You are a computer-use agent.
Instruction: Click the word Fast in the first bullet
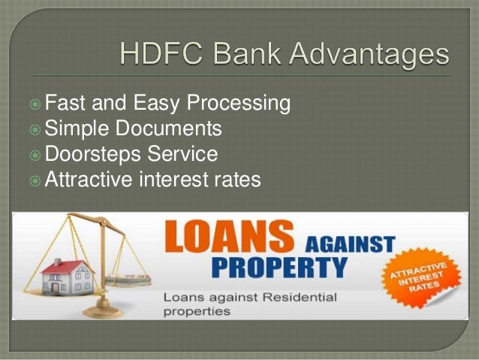pyautogui.click(x=65, y=102)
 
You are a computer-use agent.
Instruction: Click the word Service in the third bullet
pyautogui.click(x=182, y=155)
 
